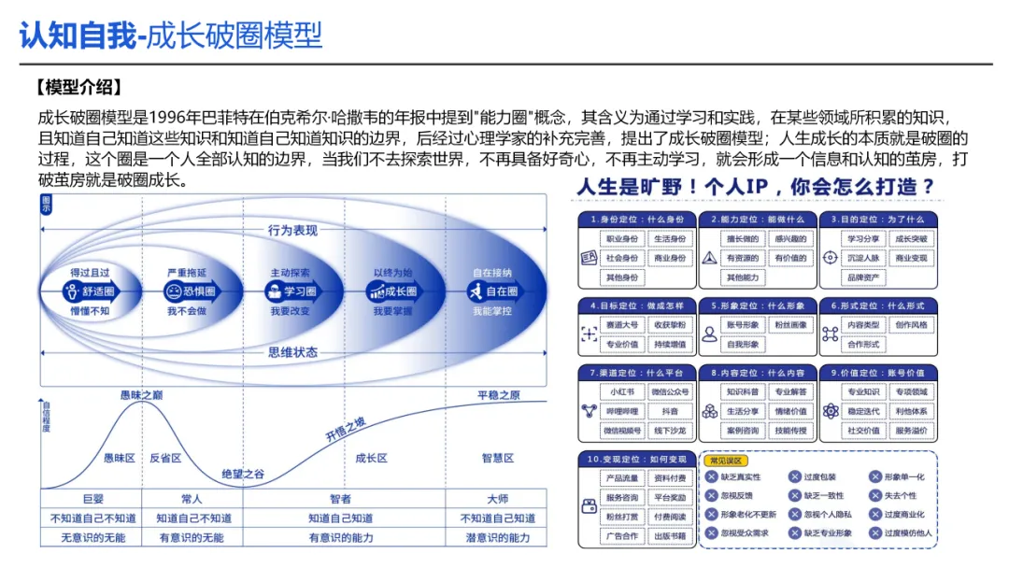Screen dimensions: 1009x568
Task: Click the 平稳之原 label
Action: pyautogui.click(x=498, y=395)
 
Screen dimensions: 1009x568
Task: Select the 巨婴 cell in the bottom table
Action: pyautogui.click(x=92, y=499)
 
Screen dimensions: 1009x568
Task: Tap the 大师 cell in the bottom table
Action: pyautogui.click(x=498, y=499)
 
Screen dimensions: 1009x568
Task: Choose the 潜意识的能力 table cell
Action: pyautogui.click(x=498, y=538)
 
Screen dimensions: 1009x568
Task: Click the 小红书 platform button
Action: pyautogui.click(x=621, y=392)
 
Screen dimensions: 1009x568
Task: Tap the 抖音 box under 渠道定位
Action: pyautogui.click(x=669, y=412)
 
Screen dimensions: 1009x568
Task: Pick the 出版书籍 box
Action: pyautogui.click(x=669, y=536)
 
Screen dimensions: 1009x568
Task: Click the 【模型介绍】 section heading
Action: pyautogui.click(x=78, y=88)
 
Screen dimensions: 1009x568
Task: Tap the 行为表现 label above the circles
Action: pyautogui.click(x=292, y=230)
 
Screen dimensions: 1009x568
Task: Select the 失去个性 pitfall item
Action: pyautogui.click(x=900, y=496)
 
